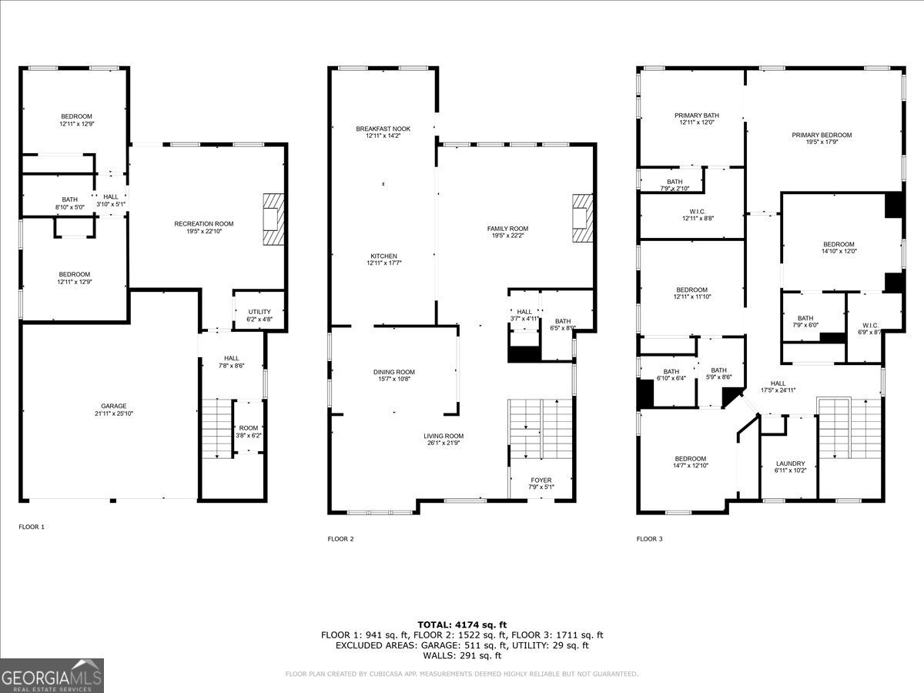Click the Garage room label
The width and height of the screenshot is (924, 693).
[113, 406]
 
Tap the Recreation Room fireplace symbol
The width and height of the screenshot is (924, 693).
[273, 219]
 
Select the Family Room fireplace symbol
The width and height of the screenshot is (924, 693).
[583, 219]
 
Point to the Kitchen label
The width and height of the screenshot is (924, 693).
[383, 256]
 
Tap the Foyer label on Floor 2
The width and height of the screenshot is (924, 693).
[541, 480]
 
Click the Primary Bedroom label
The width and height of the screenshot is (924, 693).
[822, 135]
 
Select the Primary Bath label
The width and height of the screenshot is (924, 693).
[691, 115]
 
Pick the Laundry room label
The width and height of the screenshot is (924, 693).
[790, 464]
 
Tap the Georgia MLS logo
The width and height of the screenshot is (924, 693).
[52, 675]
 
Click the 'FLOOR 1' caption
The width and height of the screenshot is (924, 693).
[32, 527]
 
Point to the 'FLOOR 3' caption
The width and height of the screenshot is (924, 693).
[649, 539]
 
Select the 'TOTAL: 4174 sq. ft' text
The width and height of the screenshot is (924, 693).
[462, 624]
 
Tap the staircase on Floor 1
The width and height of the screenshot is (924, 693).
[217, 428]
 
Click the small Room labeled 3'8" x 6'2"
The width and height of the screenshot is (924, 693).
[248, 431]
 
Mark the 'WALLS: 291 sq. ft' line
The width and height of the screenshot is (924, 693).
[462, 655]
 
